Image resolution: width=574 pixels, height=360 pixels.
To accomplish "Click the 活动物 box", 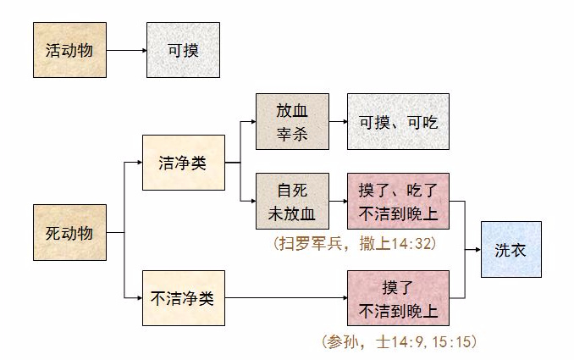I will pyautogui.click(x=69, y=50).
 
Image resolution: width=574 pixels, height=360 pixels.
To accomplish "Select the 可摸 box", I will pyautogui.click(x=184, y=50).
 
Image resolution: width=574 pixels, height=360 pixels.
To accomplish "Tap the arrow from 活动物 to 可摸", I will pyautogui.click(x=126, y=50).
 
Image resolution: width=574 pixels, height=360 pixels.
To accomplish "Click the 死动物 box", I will pyautogui.click(x=69, y=232).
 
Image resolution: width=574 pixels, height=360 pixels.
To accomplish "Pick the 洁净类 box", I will pyautogui.click(x=184, y=162).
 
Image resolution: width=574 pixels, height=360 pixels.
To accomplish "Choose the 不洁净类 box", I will pyautogui.click(x=184, y=297).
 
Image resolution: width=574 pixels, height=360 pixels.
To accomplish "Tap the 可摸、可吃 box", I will pyautogui.click(x=398, y=122).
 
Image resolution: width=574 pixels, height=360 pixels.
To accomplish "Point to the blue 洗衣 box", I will pyautogui.click(x=511, y=249).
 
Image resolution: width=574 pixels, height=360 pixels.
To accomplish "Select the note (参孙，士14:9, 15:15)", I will pyautogui.click(x=400, y=341).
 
